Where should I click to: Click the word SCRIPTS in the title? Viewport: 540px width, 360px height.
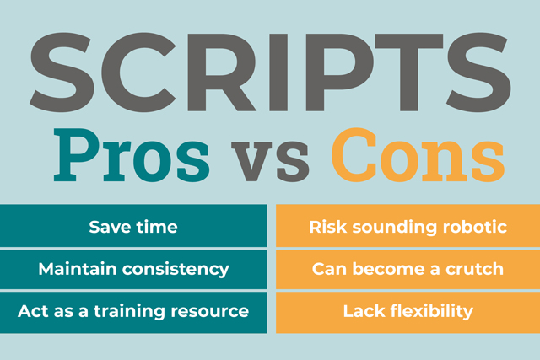point(270,73)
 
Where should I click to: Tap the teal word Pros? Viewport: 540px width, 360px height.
point(132,155)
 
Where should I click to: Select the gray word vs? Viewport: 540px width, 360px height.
point(270,161)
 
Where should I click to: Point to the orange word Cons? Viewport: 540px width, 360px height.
point(418,155)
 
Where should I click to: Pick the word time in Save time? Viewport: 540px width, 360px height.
point(157,227)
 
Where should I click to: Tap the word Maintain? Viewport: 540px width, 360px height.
point(78,269)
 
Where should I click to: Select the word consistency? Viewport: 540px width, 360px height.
point(175,270)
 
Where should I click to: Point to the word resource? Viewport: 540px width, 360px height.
point(210,312)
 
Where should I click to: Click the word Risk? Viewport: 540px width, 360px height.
point(328,227)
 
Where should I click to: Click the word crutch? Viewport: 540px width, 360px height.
point(474,269)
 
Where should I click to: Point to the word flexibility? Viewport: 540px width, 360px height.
point(432,312)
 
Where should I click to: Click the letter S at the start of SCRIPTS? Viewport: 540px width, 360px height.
point(62,73)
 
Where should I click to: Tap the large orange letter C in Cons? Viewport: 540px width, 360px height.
point(354,155)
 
